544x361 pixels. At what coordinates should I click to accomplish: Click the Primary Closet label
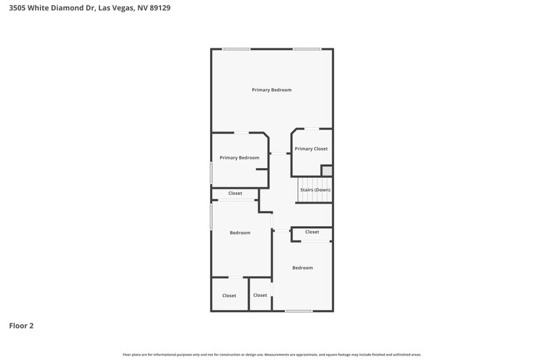311,148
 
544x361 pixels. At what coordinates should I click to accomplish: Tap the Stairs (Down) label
316,190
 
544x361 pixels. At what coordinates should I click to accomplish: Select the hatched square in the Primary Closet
327,171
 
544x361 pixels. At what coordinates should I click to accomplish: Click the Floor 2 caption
21,326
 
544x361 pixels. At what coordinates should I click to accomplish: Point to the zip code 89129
160,7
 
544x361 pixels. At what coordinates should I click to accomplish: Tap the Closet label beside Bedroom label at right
312,232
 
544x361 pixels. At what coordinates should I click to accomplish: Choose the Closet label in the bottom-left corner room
229,296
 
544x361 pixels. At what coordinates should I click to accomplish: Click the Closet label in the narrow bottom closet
260,296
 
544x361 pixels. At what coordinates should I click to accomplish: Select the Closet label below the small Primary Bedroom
235,193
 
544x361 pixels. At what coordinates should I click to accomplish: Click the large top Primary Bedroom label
271,90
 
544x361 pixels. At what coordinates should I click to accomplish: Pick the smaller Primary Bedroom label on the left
239,158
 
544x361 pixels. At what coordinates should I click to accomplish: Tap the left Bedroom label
240,233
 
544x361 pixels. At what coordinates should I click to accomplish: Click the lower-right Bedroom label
303,268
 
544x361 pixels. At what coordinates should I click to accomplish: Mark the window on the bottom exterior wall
299,311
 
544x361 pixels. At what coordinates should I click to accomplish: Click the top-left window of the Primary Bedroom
236,49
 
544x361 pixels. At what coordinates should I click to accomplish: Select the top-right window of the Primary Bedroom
307,49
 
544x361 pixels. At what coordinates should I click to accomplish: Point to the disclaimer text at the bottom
272,355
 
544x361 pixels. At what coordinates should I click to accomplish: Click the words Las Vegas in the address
116,7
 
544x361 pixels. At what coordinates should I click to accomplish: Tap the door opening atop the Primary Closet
311,129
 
